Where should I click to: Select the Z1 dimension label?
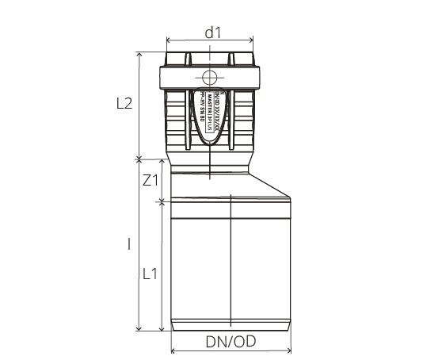tap(151, 180)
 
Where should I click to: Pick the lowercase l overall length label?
tap(128, 245)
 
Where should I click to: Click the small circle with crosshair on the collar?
tap(211, 79)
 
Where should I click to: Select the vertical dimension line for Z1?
tap(162, 180)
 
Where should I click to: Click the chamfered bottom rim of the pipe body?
tap(231, 325)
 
